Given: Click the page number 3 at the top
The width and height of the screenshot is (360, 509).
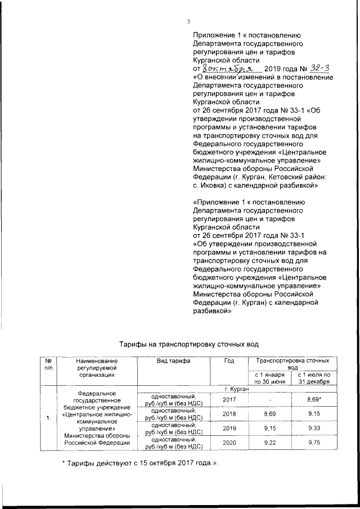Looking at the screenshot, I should pyautogui.click(x=189, y=22).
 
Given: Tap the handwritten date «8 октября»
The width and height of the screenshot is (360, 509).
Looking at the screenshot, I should pyautogui.click(x=225, y=69).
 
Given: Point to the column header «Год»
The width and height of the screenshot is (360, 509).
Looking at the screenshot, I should pyautogui.click(x=228, y=361).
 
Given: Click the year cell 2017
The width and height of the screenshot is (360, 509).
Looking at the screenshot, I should pyautogui.click(x=228, y=399).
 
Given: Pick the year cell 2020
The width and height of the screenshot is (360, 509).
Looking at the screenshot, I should pyautogui.click(x=228, y=443).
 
